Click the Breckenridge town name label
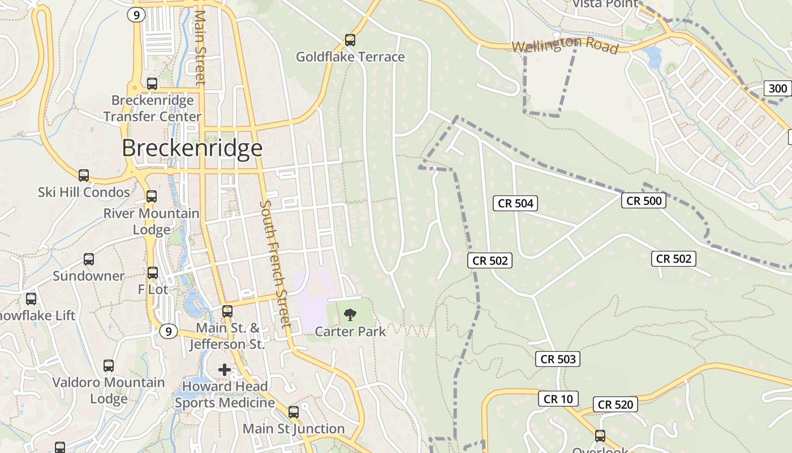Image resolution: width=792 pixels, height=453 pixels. point(192,148)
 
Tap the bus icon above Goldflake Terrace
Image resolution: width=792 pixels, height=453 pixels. point(350,40)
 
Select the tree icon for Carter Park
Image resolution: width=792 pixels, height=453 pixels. point(350,314)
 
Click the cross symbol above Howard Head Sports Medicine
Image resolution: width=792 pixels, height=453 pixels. point(225,370)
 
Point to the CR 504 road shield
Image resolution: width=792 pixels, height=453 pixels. point(515,203)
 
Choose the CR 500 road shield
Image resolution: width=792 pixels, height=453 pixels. point(644,200)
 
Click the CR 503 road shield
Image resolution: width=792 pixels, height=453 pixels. point(558,359)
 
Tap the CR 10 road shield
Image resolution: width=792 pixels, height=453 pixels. point(558,399)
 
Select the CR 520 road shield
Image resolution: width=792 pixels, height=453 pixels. point(615,404)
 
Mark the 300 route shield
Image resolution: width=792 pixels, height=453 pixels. point(778,88)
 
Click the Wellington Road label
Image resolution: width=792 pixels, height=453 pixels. point(565,45)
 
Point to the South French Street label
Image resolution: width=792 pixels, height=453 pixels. point(276,263)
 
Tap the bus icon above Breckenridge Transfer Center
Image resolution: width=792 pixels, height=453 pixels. point(152,84)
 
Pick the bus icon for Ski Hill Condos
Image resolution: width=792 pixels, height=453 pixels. point(84,176)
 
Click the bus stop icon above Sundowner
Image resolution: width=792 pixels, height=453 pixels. point(89,259)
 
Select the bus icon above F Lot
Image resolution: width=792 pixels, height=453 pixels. point(153,272)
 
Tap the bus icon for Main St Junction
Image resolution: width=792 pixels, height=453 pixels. point(294,412)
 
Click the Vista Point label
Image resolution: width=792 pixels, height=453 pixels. point(605,4)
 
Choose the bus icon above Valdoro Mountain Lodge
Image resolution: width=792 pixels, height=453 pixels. point(109,366)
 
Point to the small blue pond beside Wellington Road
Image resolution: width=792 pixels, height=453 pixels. point(653,57)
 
